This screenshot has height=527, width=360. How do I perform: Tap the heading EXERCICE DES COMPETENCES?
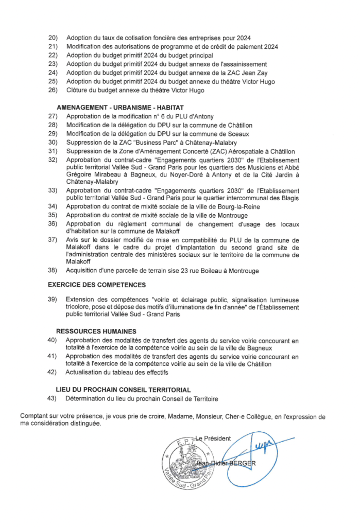(x=97, y=285)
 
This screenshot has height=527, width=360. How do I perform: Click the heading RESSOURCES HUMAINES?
(x=96, y=331)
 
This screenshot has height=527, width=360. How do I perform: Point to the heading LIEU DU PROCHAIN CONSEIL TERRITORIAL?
(x=123, y=390)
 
